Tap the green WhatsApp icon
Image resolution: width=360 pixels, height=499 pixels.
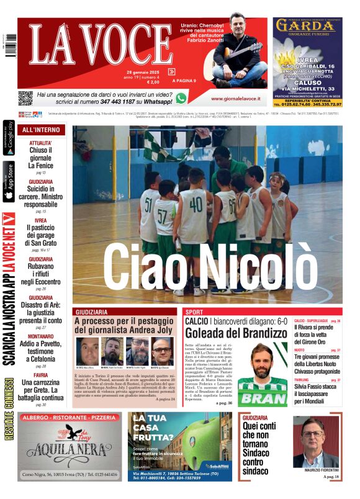pyautogui.click(x=181, y=97)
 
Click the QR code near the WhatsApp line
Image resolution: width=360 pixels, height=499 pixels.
pyautogui.click(x=25, y=97)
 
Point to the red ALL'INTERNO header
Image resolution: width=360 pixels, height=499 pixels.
pyautogui.click(x=41, y=130)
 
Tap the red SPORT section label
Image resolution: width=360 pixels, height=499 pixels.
pyautogui.click(x=194, y=312)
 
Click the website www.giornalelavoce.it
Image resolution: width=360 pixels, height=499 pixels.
pyautogui.click(x=235, y=99)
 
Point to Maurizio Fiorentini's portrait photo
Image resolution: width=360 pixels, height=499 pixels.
pyautogui.click(x=316, y=443)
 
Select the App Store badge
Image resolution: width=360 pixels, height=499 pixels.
pyautogui.click(x=9, y=181)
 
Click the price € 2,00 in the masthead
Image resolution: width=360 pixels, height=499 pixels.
pyautogui.click(x=153, y=82)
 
